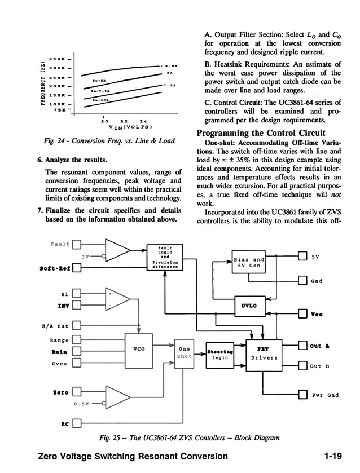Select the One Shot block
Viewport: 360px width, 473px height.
[x=184, y=352]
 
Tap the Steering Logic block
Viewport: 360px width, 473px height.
[x=219, y=353]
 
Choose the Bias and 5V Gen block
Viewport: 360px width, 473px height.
[x=249, y=262]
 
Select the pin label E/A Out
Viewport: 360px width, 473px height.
[x=55, y=326]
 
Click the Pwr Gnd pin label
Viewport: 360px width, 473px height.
[x=325, y=395]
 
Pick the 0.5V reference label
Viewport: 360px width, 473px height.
[x=82, y=403]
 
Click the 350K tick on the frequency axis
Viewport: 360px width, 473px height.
[x=59, y=58]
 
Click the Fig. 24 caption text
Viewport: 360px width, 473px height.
[x=102, y=141]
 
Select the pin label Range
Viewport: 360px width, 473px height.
[x=59, y=340]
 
